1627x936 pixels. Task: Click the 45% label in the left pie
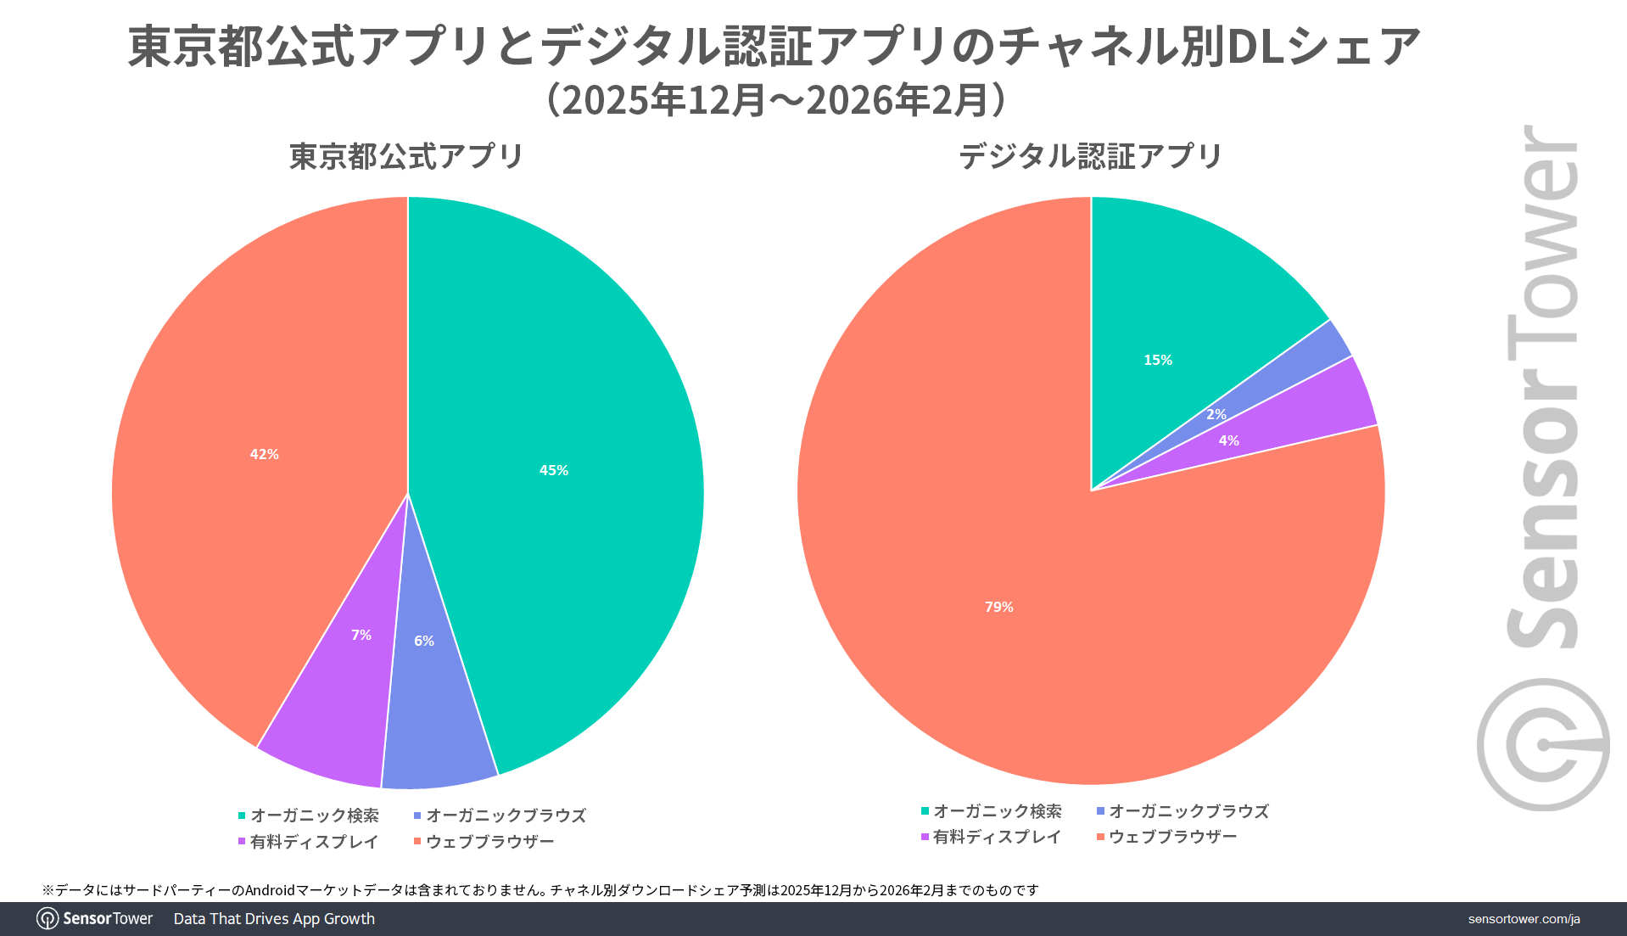pyautogui.click(x=553, y=470)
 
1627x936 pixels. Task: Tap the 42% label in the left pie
pyautogui.click(x=264, y=454)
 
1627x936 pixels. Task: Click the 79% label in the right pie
pyautogui.click(x=998, y=607)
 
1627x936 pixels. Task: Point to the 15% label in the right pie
pyautogui.click(x=1157, y=360)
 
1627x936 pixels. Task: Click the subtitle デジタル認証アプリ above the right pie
pyautogui.click(x=1090, y=156)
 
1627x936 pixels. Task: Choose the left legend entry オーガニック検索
pyautogui.click(x=314, y=815)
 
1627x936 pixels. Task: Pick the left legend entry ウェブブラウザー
pyautogui.click(x=489, y=842)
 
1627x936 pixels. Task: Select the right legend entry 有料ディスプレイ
pyautogui.click(x=997, y=837)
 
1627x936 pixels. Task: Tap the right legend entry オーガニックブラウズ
pyautogui.click(x=1188, y=811)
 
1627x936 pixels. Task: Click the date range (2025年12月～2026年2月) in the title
pyautogui.click(x=776, y=100)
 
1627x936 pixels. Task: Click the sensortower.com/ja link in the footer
pyautogui.click(x=1524, y=919)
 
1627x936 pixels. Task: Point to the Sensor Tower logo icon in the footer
pyautogui.click(x=48, y=919)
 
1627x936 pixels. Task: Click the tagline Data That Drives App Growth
pyautogui.click(x=274, y=919)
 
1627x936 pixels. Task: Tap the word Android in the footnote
pyautogui.click(x=269, y=890)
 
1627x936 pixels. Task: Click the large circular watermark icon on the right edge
pyautogui.click(x=1542, y=744)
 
